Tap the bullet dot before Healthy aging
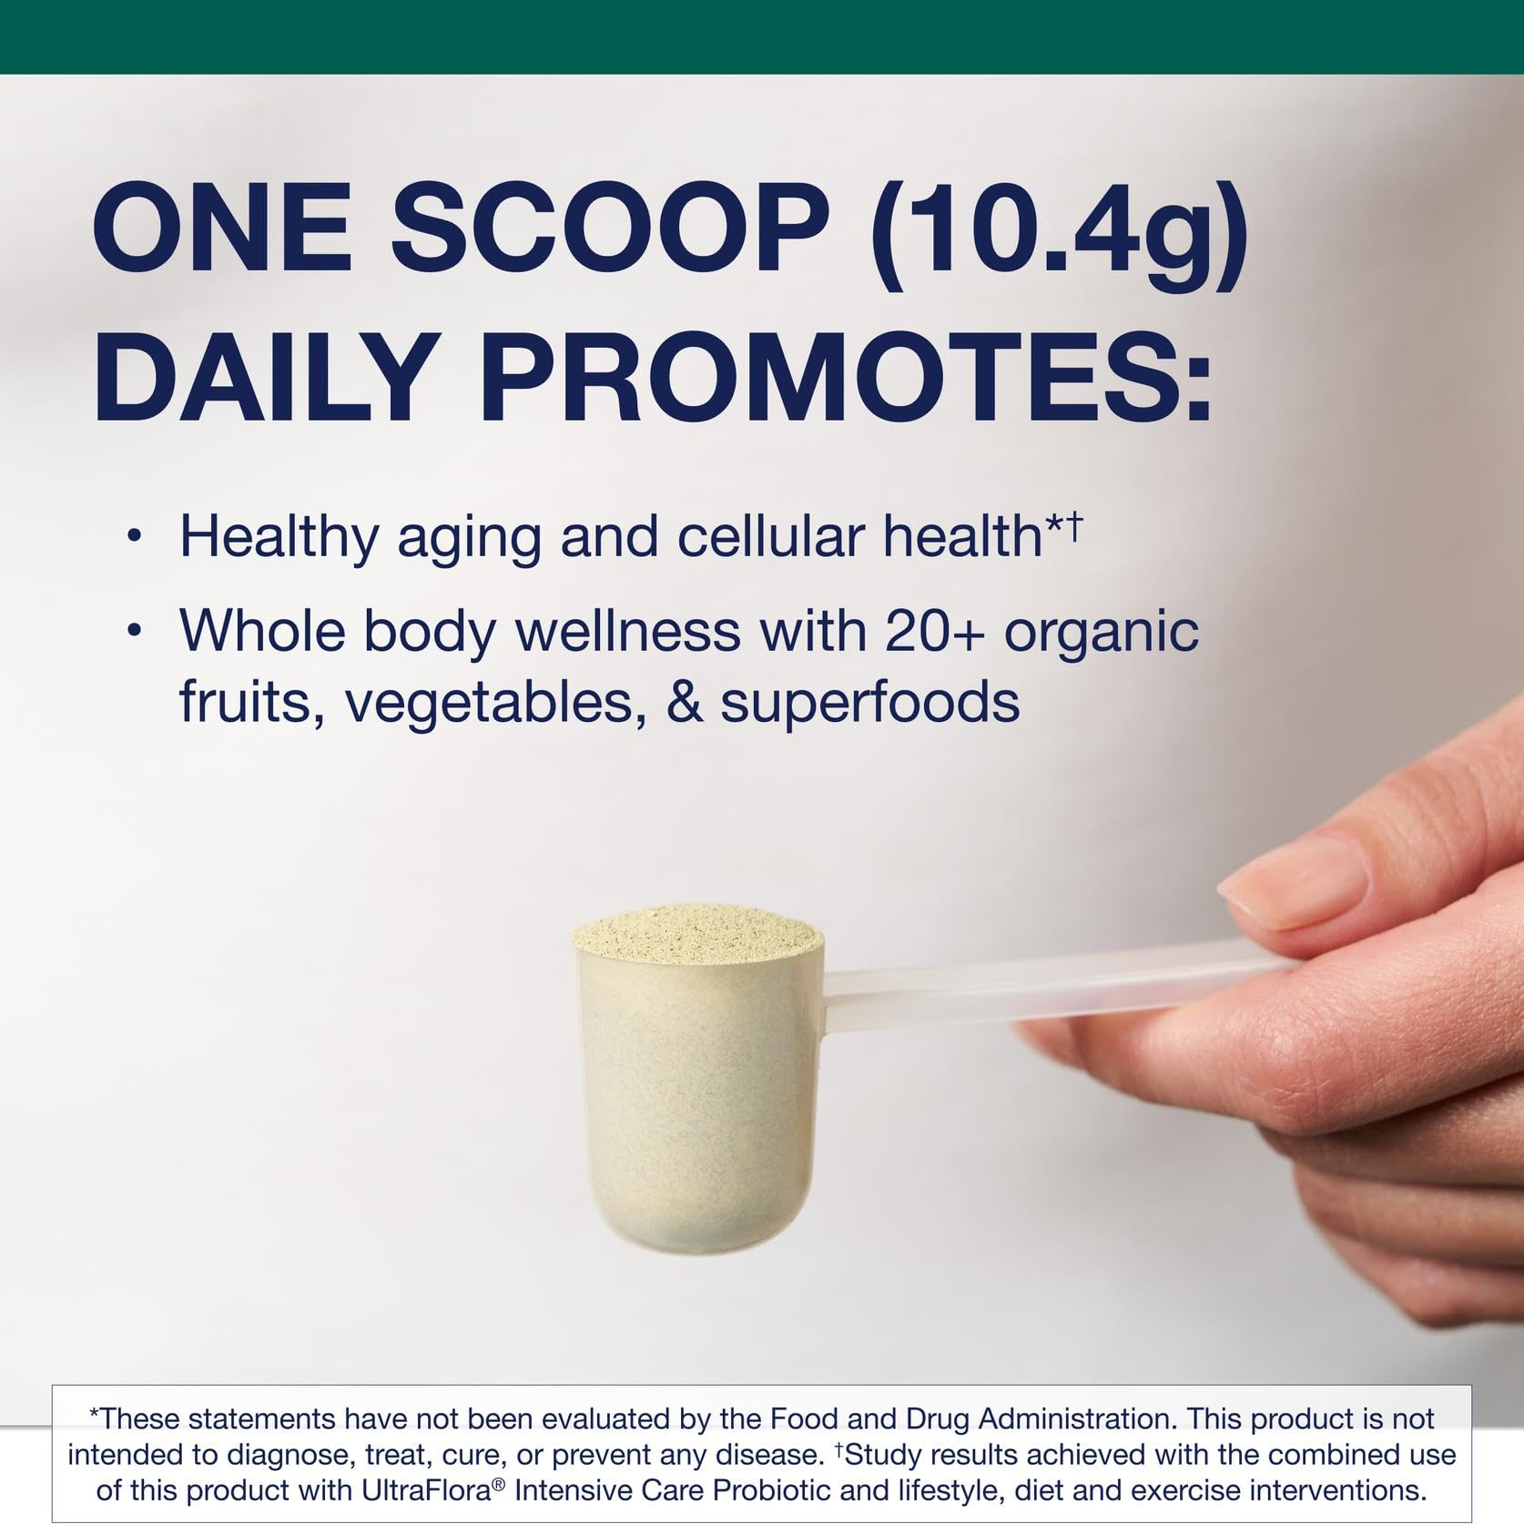[135, 538]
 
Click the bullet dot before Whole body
[135, 630]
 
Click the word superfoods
[869, 702]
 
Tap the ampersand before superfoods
[685, 702]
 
